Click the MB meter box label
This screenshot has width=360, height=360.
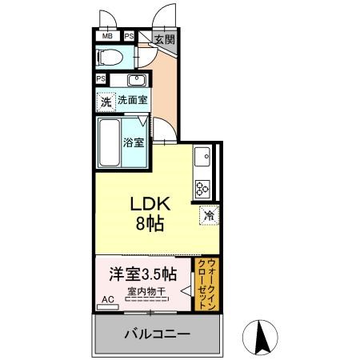coord(107,36)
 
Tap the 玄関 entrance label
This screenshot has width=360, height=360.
coord(166,39)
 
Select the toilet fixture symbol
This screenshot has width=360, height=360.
coord(110,57)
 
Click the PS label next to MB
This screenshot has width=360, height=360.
coord(130,36)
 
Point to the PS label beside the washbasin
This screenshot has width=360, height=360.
coord(101,79)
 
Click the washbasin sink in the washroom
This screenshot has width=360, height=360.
coord(137,79)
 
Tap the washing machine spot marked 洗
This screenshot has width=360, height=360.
coord(106,102)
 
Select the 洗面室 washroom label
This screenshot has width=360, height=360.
coord(133,100)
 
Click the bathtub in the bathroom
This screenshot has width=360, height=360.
coord(109,142)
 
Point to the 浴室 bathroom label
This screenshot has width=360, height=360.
coord(134,142)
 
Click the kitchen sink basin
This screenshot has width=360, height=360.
coord(202,157)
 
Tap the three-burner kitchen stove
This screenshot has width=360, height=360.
coord(202,189)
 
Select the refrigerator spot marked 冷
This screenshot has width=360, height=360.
coord(209,215)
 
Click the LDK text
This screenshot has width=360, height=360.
coord(150,204)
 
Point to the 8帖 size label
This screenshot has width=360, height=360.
coord(150,223)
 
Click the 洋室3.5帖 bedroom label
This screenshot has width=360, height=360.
coord(143,274)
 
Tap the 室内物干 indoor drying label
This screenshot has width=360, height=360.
coord(146,291)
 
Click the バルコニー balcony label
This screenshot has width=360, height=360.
coord(158,334)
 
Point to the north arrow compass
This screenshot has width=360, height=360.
coord(260,338)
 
